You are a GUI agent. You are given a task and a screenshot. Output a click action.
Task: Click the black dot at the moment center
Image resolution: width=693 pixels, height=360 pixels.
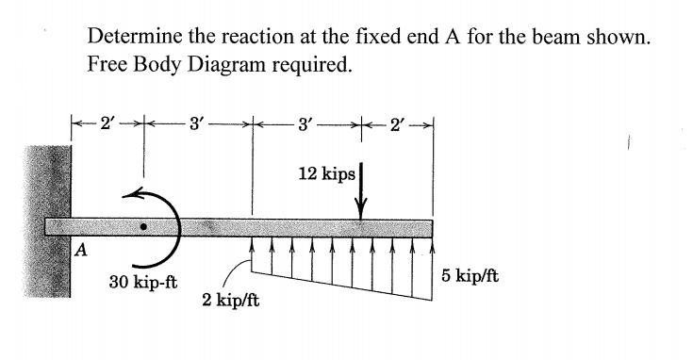143,227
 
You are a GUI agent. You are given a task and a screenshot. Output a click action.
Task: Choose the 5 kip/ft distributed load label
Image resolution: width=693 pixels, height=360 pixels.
468,276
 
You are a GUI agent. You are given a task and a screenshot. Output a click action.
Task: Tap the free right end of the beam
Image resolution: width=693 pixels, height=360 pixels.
430,228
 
